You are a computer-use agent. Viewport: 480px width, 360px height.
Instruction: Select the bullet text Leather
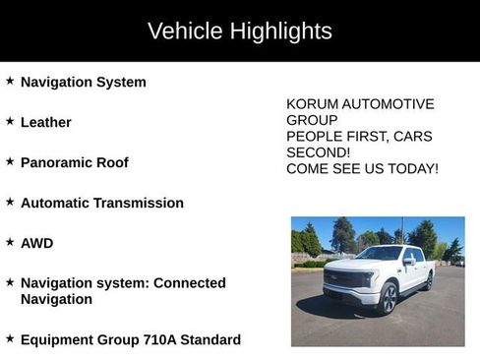(x=46, y=122)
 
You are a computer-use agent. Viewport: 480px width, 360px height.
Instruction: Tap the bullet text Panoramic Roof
(x=75, y=162)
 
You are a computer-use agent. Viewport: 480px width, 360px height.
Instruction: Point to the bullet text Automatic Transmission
(x=102, y=203)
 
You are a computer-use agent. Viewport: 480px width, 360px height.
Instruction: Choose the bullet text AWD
(x=37, y=243)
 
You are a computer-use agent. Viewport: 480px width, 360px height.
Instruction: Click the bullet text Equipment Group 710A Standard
(x=131, y=339)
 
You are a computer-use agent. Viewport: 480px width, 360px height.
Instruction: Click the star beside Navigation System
(x=10, y=81)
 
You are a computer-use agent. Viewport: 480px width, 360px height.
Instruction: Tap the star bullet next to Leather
(x=10, y=121)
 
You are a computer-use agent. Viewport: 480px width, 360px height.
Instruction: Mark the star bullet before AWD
(x=10, y=241)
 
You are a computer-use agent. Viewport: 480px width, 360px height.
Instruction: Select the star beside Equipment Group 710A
(x=10, y=337)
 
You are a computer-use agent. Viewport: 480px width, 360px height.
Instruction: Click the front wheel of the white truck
(x=388, y=297)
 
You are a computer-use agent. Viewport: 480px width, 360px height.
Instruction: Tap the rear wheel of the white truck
(x=428, y=282)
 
